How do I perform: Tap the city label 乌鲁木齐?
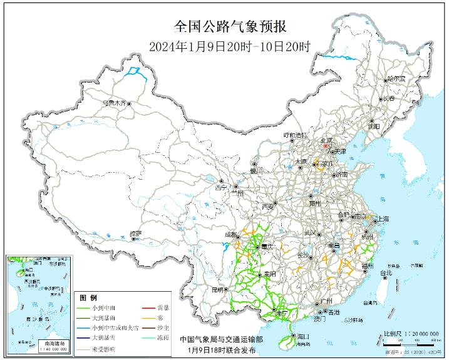[115, 101]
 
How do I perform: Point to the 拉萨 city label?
[136, 234]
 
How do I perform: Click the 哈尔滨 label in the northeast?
[396, 79]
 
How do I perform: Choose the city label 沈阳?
[374, 126]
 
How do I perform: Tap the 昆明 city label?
[217, 290]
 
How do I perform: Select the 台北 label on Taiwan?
[386, 273]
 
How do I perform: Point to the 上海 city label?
[382, 219]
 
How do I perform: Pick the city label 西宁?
[220, 187]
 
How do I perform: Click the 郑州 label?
[315, 203]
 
